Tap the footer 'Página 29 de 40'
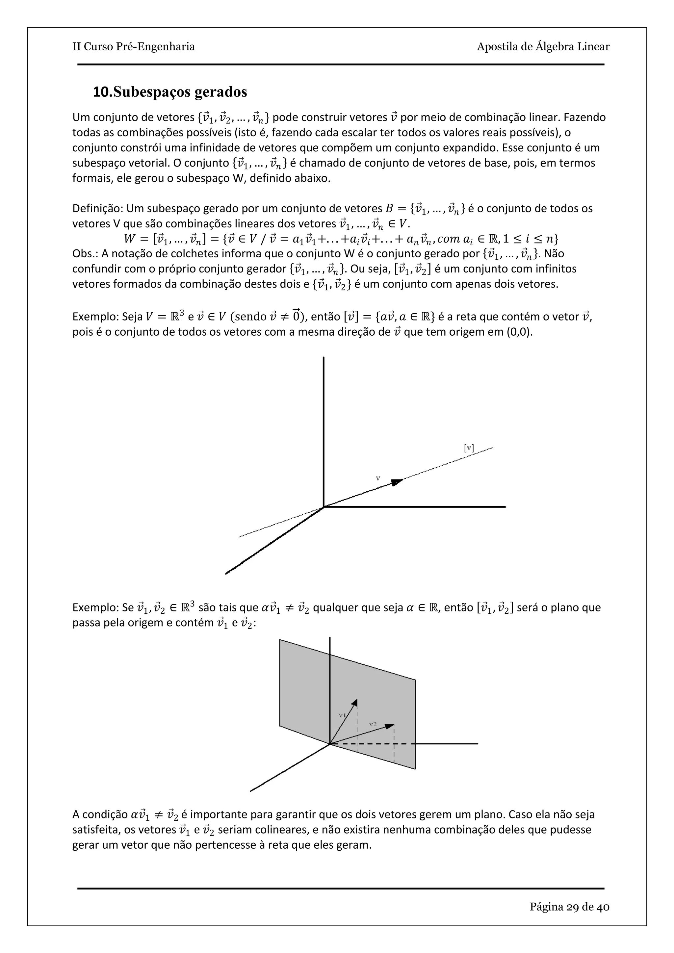click(569, 907)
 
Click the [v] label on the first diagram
click(469, 448)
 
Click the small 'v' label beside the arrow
click(378, 478)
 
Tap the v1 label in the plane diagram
click(342, 715)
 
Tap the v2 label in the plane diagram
click(373, 724)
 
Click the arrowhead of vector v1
click(355, 702)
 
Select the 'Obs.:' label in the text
click(85, 254)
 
